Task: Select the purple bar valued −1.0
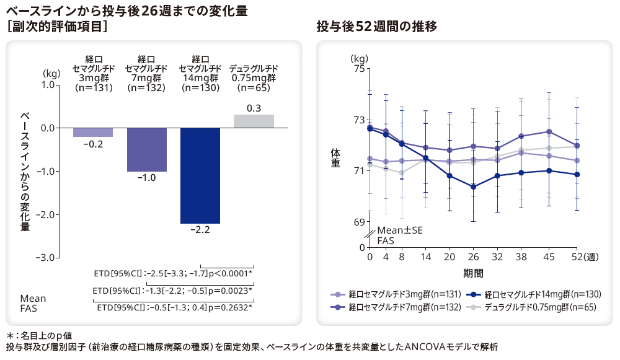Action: [146, 149]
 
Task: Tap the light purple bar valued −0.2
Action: [93, 132]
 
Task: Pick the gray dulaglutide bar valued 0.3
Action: [254, 121]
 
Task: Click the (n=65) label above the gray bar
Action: [254, 88]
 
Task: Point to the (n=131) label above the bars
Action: [93, 88]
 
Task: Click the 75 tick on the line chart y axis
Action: [358, 68]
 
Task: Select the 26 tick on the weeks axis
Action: [473, 258]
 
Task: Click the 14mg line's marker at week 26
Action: [473, 187]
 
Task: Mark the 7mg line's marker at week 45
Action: [549, 131]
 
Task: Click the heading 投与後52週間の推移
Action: [376, 27]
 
